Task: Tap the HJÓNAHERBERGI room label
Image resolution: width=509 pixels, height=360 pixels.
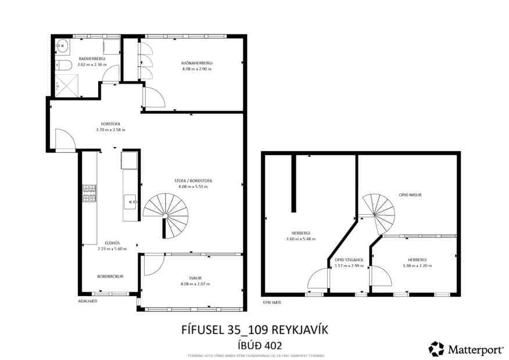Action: tap(196, 63)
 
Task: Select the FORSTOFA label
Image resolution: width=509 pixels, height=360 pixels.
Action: tap(110, 124)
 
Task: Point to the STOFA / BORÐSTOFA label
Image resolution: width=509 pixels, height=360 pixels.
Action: tap(193, 181)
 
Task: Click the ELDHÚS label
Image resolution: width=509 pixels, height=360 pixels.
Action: tap(112, 243)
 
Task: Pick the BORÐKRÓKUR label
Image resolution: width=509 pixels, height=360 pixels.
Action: tap(110, 276)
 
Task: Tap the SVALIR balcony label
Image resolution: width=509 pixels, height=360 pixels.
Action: tap(195, 278)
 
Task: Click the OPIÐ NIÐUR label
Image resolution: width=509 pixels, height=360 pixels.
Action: tap(410, 195)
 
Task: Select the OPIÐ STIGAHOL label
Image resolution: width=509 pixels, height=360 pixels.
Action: tap(349, 260)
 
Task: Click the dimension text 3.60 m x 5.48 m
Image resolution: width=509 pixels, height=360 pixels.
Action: tap(300, 239)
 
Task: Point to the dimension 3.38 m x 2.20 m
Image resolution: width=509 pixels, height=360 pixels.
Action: tap(417, 265)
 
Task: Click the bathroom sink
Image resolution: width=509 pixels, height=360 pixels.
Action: tap(62, 45)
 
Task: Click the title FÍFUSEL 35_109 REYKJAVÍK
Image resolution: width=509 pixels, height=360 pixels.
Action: tap(256, 330)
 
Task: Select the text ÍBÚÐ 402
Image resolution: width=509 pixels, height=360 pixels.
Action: tap(256, 344)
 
